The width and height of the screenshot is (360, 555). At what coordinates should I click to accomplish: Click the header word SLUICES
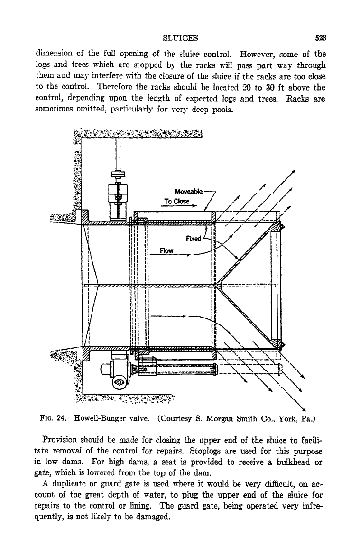180,38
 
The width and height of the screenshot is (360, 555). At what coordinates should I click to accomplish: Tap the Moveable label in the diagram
189,192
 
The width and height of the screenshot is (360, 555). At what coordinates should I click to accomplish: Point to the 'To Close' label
176,202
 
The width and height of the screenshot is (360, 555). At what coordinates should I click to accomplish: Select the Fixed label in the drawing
193,239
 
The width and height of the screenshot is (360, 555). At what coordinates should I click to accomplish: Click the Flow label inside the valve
166,251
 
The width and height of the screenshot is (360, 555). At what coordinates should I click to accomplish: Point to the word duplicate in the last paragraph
66,484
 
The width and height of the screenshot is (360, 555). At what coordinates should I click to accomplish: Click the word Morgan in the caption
218,419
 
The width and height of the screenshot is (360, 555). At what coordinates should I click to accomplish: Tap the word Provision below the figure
59,440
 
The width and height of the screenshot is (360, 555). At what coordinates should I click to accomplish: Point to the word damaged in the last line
154,517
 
